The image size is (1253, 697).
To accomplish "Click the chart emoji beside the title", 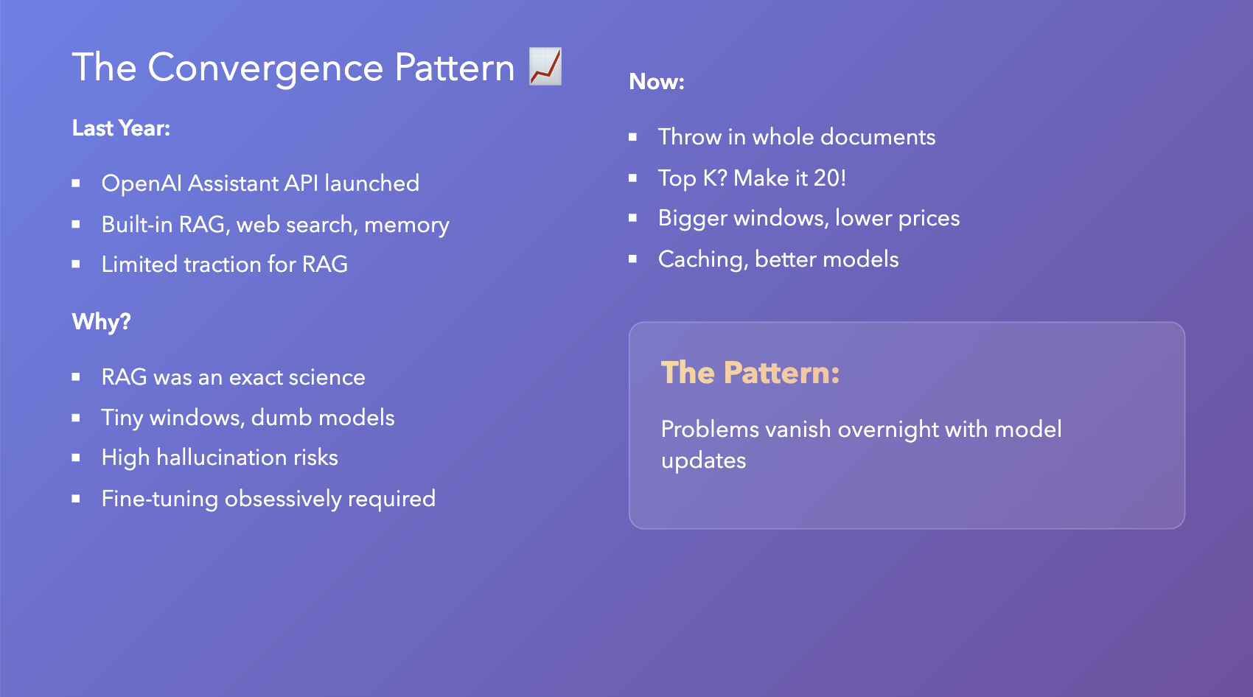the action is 545,66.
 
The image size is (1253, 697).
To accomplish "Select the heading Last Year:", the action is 121,128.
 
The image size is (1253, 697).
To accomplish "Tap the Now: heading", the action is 656,82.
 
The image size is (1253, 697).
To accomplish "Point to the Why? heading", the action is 101,322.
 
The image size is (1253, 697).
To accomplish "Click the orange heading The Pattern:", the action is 750,373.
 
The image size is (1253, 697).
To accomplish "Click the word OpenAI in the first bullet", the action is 142,184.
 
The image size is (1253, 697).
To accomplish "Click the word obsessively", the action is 283,499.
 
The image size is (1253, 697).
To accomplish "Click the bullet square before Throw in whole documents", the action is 632,137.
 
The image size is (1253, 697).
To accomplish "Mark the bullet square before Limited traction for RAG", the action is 76,265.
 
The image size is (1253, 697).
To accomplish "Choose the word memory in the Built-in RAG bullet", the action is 407,225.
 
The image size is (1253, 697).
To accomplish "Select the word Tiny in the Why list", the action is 122,418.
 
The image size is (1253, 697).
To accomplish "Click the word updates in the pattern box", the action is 704,461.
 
